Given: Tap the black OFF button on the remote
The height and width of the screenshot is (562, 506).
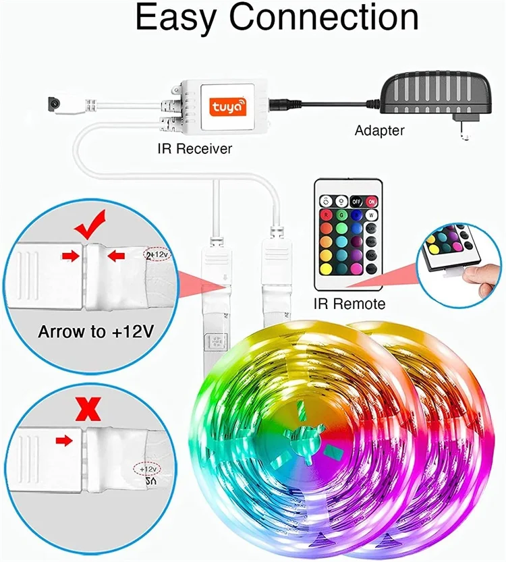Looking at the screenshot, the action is pyautogui.click(x=358, y=200).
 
